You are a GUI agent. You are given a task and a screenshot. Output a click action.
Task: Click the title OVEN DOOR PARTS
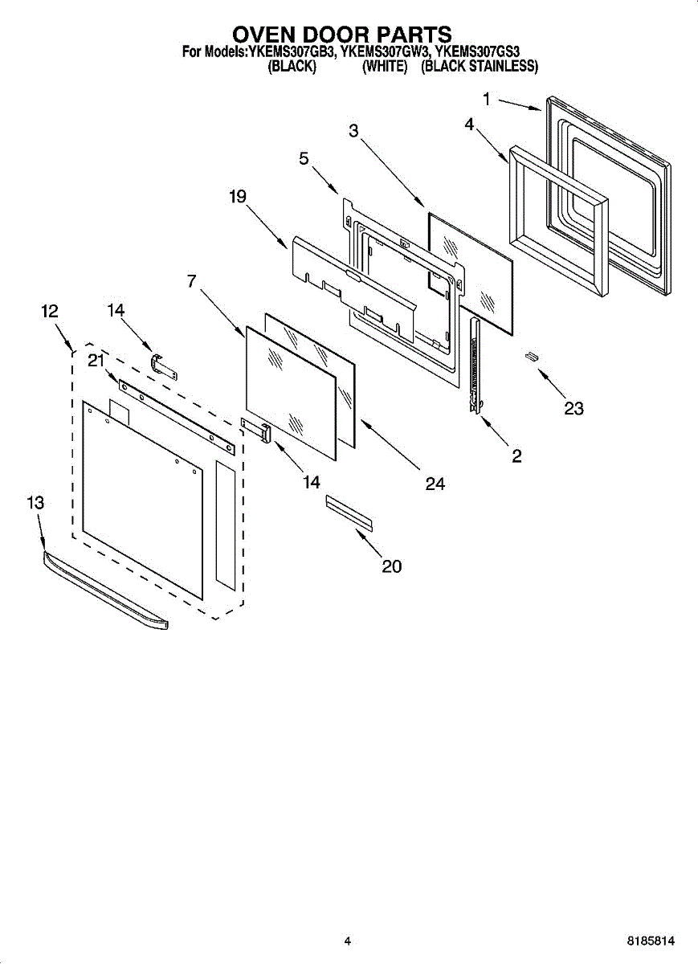tap(341, 35)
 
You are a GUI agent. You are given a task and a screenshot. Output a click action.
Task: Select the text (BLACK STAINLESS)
tap(479, 67)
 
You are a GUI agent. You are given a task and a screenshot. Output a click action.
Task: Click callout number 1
tap(487, 99)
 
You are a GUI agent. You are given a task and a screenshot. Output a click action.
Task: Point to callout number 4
tap(469, 125)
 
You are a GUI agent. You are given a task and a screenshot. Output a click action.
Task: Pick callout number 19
tap(237, 196)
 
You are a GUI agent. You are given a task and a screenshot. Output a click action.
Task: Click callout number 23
tap(574, 409)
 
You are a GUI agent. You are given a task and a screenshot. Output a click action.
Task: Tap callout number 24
tap(435, 484)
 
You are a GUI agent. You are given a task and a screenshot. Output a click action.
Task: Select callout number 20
tap(391, 566)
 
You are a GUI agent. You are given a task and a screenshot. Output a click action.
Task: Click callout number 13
tap(35, 503)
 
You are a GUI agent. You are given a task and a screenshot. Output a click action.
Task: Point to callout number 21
tap(96, 361)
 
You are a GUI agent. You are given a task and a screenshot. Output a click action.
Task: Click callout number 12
tap(50, 312)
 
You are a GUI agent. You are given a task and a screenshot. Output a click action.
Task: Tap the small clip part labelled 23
tap(531, 356)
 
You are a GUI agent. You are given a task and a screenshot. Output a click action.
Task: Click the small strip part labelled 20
tap(349, 513)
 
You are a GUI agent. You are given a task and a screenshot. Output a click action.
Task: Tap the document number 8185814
tap(651, 941)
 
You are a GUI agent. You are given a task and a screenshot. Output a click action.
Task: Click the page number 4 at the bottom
tap(347, 941)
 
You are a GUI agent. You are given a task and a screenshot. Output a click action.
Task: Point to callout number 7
tap(191, 281)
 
